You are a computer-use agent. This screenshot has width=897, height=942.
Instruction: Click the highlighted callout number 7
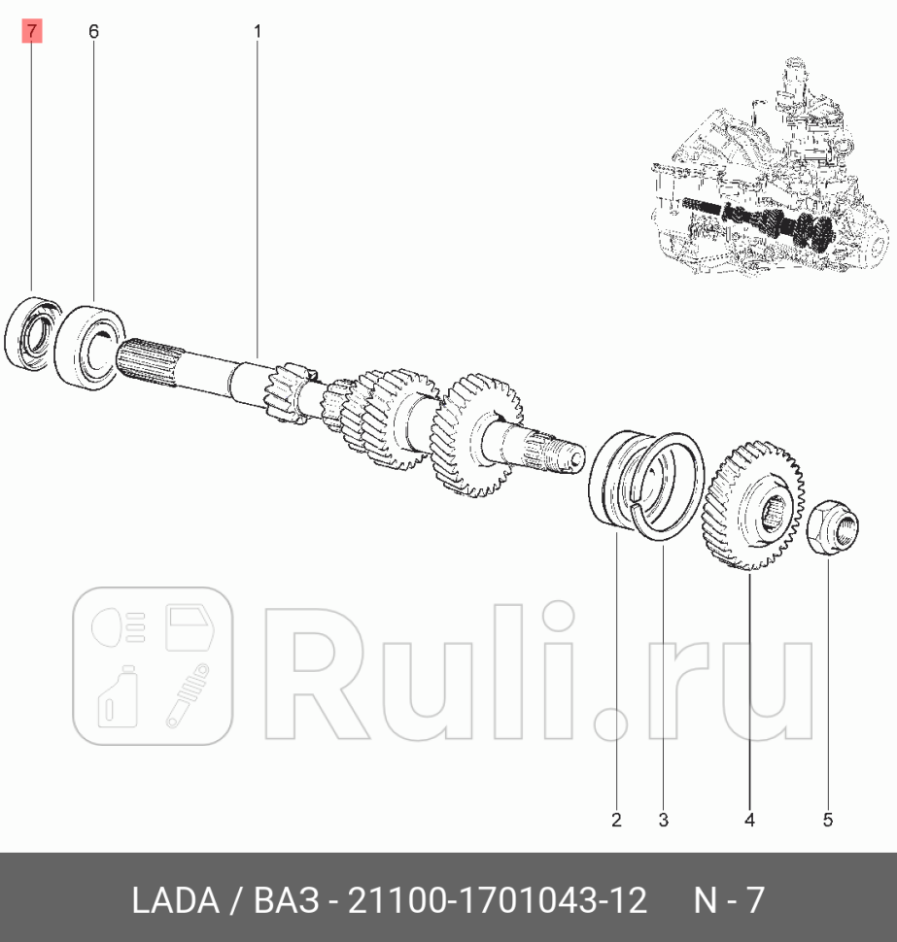pyautogui.click(x=32, y=32)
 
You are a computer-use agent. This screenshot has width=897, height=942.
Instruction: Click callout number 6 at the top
pyautogui.click(x=93, y=32)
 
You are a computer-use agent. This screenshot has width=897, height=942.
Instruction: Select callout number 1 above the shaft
pyautogui.click(x=258, y=32)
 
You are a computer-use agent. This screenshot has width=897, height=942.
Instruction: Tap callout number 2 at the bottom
pyautogui.click(x=616, y=821)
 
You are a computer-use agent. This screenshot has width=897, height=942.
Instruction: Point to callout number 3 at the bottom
pyautogui.click(x=663, y=821)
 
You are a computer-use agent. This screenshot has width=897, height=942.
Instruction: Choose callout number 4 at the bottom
pyautogui.click(x=749, y=821)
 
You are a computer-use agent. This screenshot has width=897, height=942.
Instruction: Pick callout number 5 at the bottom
pyautogui.click(x=828, y=821)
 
